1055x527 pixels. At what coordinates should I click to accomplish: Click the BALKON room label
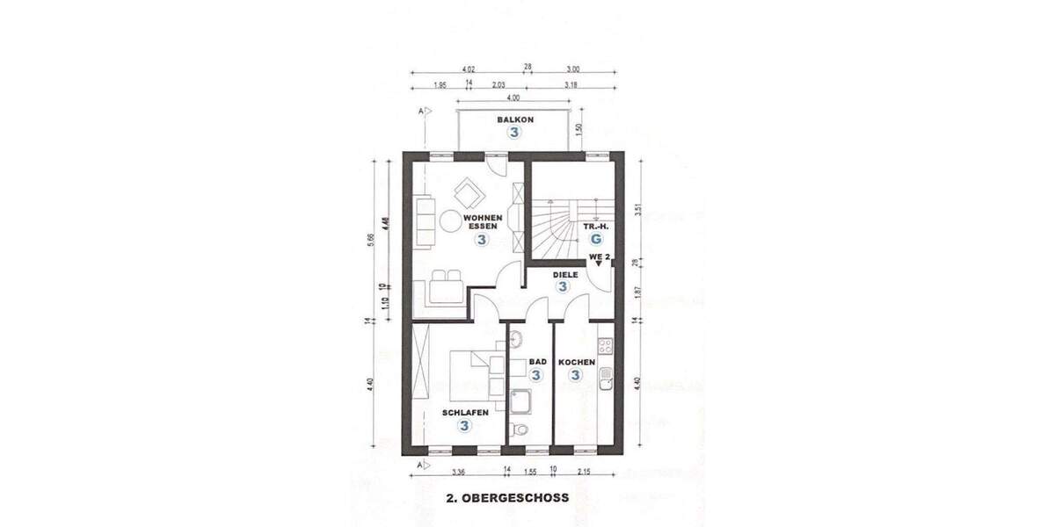pyautogui.click(x=514, y=119)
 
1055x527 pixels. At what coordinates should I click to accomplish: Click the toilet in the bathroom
pyautogui.click(x=520, y=430)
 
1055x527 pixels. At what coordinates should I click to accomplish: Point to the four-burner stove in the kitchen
pyautogui.click(x=605, y=344)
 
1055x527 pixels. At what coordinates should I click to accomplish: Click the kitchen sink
pyautogui.click(x=605, y=379)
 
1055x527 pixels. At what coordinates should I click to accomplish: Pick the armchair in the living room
pyautogui.click(x=467, y=191)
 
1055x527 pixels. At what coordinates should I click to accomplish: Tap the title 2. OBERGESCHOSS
pyautogui.click(x=508, y=497)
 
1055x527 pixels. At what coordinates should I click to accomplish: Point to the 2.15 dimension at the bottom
pyautogui.click(x=584, y=479)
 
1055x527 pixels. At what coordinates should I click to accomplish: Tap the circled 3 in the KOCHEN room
pyautogui.click(x=576, y=376)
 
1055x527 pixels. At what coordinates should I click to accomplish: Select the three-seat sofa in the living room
pyautogui.click(x=424, y=222)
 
